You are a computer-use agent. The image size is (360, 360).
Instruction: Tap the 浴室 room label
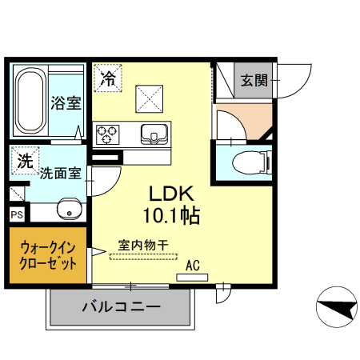[66, 103]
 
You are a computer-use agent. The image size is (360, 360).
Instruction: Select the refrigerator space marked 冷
[108, 78]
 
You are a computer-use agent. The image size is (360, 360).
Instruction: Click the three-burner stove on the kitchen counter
[107, 134]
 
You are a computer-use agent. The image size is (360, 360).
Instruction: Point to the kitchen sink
[154, 134]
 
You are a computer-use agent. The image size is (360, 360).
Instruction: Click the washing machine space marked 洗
[25, 161]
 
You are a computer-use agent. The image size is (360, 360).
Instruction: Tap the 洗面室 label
[61, 174]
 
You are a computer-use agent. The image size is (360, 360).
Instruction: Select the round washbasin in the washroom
[70, 209]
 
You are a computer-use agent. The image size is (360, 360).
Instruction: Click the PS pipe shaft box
[17, 214]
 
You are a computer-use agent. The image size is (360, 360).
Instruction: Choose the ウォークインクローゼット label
[48, 255]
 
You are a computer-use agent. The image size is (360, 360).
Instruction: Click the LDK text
[171, 194]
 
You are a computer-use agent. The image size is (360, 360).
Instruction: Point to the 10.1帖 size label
[171, 215]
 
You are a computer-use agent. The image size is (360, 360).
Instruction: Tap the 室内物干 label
[143, 245]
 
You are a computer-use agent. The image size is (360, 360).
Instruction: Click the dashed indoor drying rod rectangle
[143, 257]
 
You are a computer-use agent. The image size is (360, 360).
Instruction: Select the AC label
[193, 266]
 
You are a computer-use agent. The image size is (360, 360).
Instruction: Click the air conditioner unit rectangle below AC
[192, 278]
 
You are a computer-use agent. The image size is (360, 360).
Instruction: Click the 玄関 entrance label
[254, 80]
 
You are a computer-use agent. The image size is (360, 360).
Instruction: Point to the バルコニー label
[122, 307]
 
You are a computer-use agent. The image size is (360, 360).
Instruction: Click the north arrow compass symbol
[337, 306]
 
